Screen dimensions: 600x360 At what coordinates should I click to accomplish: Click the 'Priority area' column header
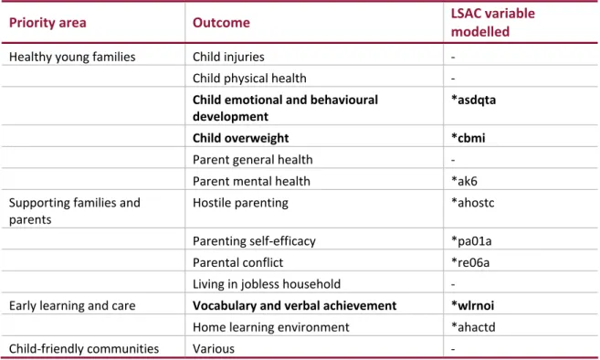(x=47, y=23)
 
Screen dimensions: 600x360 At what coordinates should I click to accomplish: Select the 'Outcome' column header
(x=221, y=23)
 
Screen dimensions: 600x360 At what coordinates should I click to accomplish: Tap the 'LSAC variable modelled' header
(x=493, y=23)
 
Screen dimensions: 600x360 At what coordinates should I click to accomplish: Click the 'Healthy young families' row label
(x=72, y=57)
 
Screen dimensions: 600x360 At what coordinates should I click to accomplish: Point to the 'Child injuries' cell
(x=228, y=57)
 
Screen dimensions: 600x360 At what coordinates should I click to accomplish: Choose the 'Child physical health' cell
(x=249, y=79)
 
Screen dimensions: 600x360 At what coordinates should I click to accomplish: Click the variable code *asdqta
(x=474, y=100)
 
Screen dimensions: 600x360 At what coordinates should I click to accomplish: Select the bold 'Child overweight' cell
(x=241, y=138)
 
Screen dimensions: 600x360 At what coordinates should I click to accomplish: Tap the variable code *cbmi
(x=468, y=138)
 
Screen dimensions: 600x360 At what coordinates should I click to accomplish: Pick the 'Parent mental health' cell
(x=251, y=181)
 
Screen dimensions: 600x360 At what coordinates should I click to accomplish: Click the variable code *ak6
(x=465, y=181)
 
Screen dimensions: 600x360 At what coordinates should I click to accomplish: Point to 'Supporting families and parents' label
(x=75, y=211)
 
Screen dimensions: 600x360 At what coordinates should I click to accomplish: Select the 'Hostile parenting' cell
(x=240, y=203)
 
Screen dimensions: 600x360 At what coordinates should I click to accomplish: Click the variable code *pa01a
(x=471, y=241)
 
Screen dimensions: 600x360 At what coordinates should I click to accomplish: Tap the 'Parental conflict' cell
(x=238, y=263)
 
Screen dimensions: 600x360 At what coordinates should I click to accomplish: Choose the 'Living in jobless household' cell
(x=267, y=284)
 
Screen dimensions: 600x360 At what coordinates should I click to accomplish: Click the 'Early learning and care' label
(x=72, y=306)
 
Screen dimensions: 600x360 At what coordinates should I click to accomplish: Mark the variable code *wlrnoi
(x=472, y=305)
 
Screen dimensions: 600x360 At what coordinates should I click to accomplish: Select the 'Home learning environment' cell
(x=271, y=327)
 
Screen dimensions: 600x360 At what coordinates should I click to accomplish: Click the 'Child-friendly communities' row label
(x=84, y=349)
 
